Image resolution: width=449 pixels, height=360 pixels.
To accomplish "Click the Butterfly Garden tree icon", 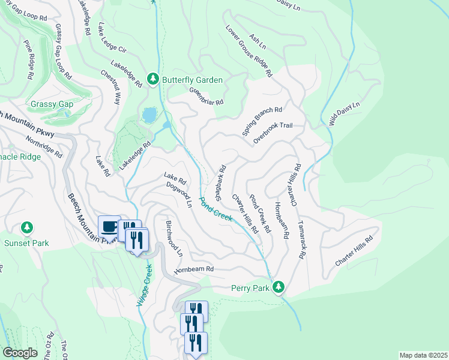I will click(x=153, y=79).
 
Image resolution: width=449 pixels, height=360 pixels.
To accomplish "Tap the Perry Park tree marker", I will click(x=278, y=289).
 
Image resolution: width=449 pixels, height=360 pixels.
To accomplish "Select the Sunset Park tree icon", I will click(x=26, y=229).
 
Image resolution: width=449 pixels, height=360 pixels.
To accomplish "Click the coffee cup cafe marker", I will click(x=109, y=227).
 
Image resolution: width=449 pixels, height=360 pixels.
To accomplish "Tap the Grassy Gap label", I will click(x=52, y=104).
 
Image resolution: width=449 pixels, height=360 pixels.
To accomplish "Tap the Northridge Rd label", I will click(x=44, y=146).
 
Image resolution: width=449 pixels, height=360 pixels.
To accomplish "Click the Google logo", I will click(x=20, y=353).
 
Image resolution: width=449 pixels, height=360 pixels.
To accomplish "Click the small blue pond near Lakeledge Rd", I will click(x=149, y=114).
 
